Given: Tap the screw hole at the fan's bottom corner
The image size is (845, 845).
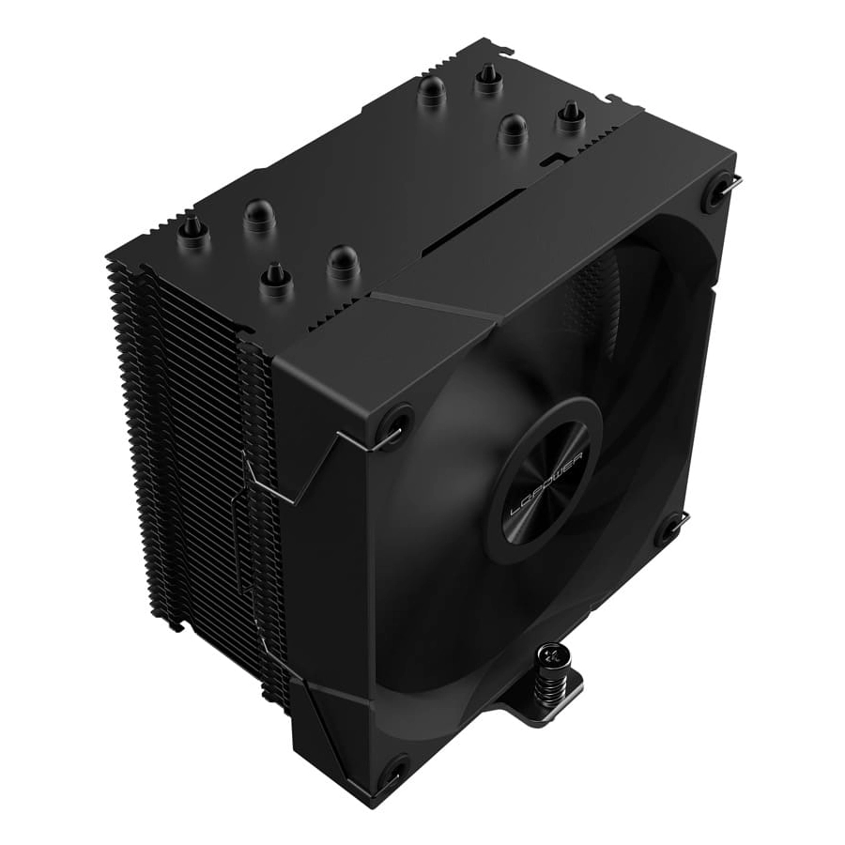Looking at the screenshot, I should tap(393, 773).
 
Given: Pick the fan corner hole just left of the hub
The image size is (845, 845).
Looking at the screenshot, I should tap(394, 421).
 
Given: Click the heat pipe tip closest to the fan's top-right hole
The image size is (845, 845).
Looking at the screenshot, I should tap(570, 116).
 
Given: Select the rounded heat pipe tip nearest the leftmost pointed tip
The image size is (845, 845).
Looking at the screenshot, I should tap(259, 216).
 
